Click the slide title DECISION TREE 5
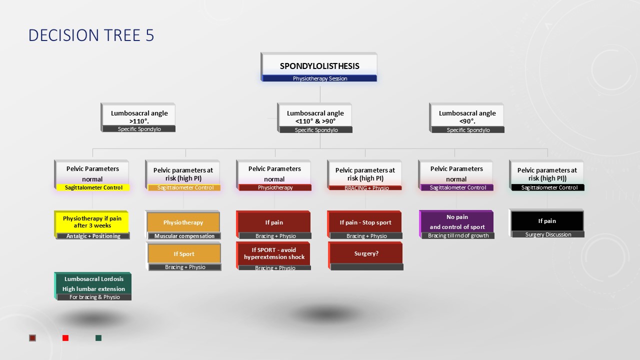91,35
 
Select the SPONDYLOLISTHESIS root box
319,65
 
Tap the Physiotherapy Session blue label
319,78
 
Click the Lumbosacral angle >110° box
139,116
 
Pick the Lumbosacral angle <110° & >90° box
315,116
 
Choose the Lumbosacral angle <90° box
467,116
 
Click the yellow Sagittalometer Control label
92,187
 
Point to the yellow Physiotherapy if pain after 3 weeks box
92,222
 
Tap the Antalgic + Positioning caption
93,236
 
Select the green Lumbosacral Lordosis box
93,283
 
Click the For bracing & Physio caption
94,297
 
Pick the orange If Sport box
184,253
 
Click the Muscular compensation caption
184,236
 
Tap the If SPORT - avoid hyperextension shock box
274,253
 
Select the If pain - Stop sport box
365,222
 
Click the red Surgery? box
366,253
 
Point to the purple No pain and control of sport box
457,222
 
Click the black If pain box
547,221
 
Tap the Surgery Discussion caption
547,234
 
